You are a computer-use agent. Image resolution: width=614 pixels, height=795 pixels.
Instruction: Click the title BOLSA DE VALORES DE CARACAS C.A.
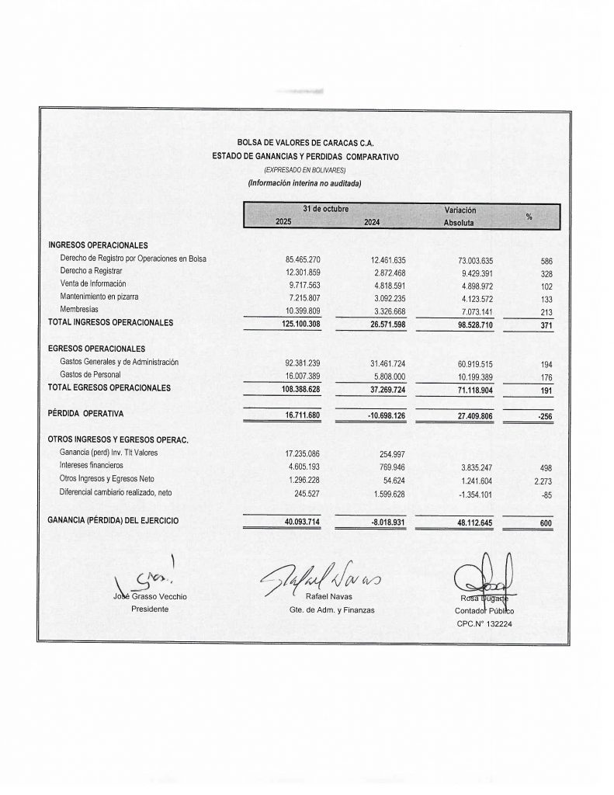pos(305,143)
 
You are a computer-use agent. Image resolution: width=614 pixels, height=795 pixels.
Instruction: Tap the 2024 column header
pos(376,223)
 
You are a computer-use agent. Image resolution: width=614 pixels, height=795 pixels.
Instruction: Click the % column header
pos(529,217)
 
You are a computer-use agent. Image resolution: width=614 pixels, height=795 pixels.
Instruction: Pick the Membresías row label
pos(81,309)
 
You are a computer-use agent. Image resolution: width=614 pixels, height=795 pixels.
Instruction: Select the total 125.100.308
pos(298,322)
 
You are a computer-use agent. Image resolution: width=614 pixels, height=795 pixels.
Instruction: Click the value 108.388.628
pos(298,387)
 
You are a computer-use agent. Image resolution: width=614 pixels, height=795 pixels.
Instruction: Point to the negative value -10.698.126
pos(387,415)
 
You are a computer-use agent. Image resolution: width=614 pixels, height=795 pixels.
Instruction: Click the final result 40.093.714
pos(298,521)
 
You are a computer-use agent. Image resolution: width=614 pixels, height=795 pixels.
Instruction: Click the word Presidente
pos(150,609)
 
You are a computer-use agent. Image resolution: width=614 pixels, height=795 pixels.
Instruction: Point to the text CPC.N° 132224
pos(484,623)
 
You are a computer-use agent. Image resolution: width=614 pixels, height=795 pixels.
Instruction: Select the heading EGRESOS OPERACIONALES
pos(96,349)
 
